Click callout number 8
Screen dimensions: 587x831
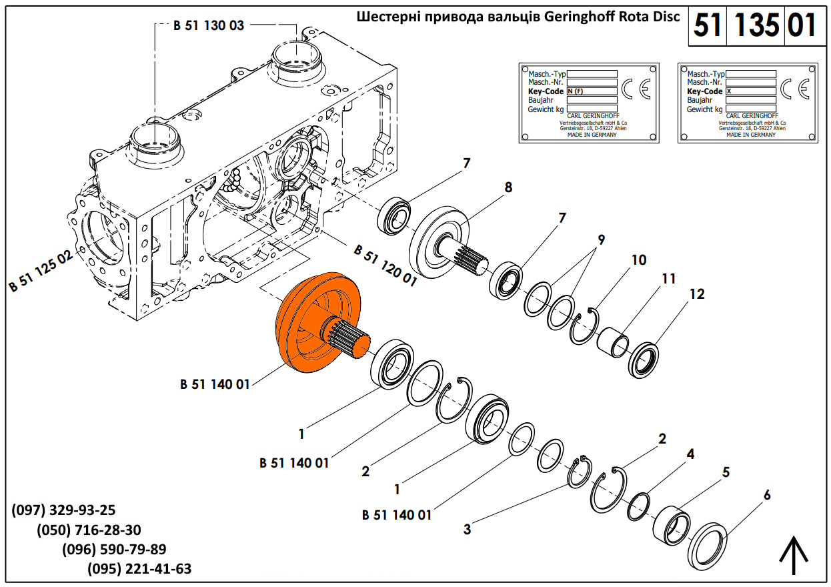508,188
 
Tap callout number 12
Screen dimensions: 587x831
697,294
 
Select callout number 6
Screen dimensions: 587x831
767,495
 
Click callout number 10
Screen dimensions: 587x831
639,260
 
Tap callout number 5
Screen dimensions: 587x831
725,473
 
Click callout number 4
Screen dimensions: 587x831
691,454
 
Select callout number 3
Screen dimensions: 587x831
468,530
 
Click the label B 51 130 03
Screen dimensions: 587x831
208,26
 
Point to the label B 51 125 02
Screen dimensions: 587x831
41,273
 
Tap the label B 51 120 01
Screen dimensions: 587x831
385,265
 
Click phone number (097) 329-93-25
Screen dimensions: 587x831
64,510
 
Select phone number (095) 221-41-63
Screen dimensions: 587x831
139,569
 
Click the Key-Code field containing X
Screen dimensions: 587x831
750,91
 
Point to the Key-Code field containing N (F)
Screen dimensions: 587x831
592,91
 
